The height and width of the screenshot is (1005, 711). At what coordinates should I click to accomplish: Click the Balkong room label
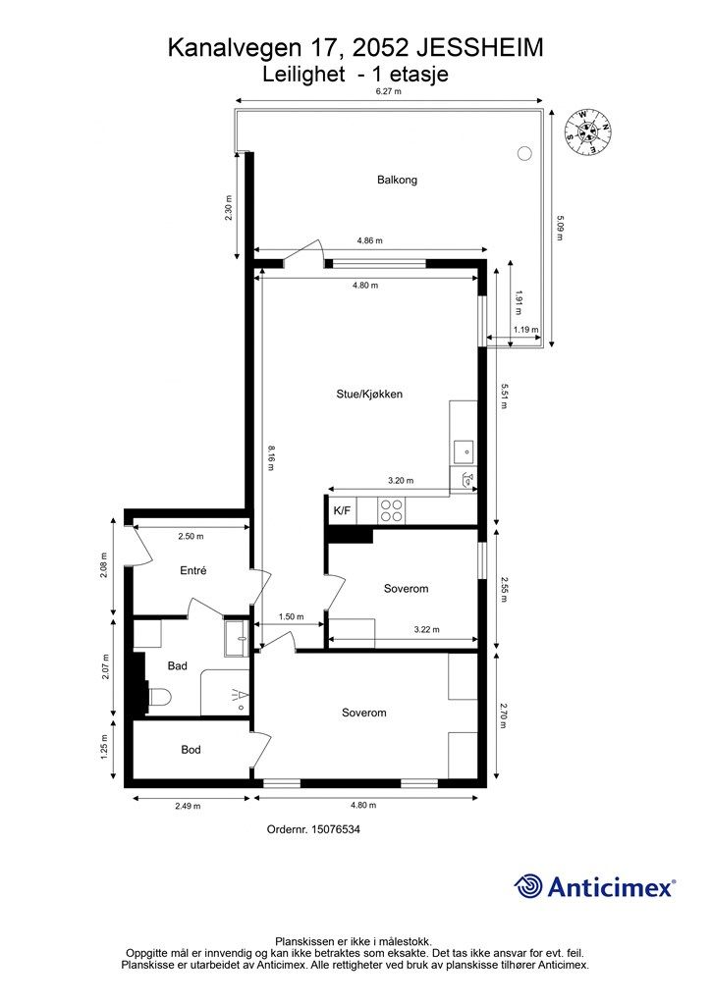pyautogui.click(x=397, y=181)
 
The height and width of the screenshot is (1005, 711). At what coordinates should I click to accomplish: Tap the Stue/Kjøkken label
pyautogui.click(x=369, y=395)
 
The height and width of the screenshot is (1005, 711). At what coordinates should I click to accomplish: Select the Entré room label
pyautogui.click(x=193, y=570)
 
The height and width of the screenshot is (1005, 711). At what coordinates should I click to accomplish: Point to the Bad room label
pyautogui.click(x=177, y=666)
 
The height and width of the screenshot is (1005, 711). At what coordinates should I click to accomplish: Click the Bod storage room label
pyautogui.click(x=191, y=749)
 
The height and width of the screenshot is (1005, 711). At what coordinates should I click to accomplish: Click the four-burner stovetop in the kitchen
pyautogui.click(x=391, y=510)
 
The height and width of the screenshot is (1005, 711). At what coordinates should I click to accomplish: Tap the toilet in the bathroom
pyautogui.click(x=158, y=697)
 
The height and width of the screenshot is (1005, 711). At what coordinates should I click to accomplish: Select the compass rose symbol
pyautogui.click(x=586, y=132)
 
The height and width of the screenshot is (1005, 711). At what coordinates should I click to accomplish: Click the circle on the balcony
pyautogui.click(x=524, y=153)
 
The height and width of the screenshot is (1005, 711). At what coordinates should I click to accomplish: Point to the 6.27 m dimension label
pyautogui.click(x=389, y=91)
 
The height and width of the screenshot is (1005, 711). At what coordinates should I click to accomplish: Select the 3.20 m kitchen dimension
pyautogui.click(x=401, y=480)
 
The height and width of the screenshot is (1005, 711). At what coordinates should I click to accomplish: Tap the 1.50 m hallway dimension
pyautogui.click(x=291, y=616)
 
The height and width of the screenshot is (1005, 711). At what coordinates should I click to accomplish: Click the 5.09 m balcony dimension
pyautogui.click(x=559, y=228)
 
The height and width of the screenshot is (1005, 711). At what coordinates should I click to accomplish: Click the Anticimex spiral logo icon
pyautogui.click(x=527, y=886)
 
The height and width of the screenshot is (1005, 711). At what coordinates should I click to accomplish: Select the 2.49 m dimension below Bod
pyautogui.click(x=188, y=806)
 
